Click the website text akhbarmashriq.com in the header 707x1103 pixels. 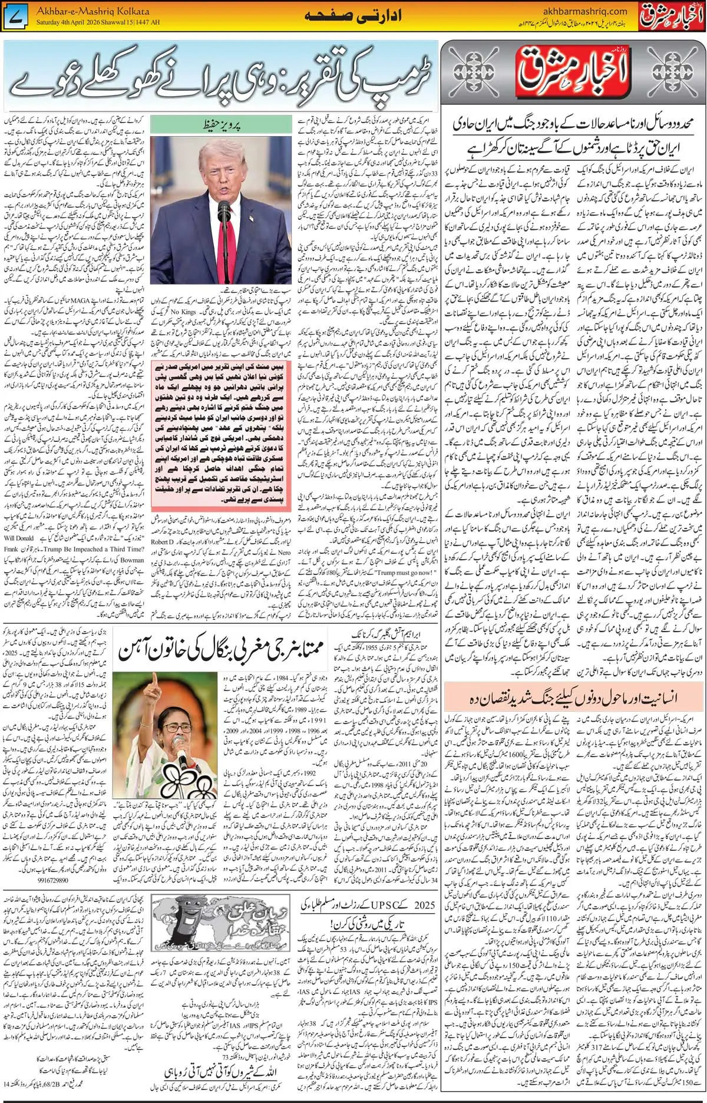pos(577,11)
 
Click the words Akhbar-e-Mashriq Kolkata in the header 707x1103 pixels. pos(92,11)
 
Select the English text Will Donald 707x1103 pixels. pos(19,538)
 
